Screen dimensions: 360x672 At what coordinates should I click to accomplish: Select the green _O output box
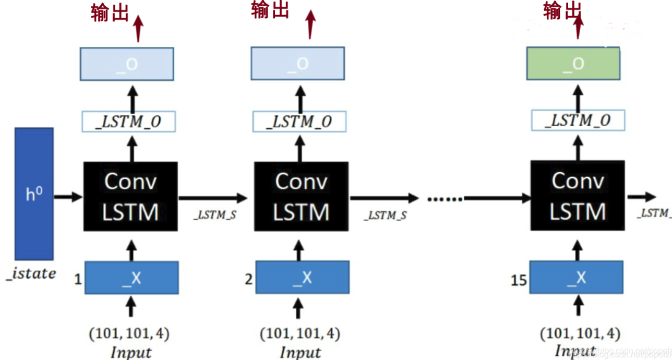(573, 64)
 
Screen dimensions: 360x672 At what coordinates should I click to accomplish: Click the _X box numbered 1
(131, 278)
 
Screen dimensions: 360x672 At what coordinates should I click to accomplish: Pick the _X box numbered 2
(302, 278)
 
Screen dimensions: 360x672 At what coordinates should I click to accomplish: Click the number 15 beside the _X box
(519, 281)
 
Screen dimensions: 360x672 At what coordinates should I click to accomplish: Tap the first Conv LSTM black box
(130, 196)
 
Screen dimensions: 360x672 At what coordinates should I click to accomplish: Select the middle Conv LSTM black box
(301, 196)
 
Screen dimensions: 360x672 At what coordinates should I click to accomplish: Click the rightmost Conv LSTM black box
(578, 196)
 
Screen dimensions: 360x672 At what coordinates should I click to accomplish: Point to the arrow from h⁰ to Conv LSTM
(68, 197)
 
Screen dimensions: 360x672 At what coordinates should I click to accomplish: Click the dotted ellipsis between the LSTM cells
(445, 198)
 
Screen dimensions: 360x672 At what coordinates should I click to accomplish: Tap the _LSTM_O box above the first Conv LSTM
(128, 122)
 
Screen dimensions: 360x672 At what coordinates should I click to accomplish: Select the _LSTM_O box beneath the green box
(578, 121)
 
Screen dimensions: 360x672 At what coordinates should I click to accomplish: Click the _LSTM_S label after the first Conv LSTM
(215, 215)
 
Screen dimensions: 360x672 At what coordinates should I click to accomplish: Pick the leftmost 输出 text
(110, 13)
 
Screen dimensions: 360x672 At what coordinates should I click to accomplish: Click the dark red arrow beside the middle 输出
(310, 23)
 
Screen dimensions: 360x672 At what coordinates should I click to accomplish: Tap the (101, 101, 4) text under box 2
(301, 333)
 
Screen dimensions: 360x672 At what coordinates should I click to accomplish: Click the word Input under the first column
(130, 352)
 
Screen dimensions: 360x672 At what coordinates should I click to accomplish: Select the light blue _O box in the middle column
(297, 64)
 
